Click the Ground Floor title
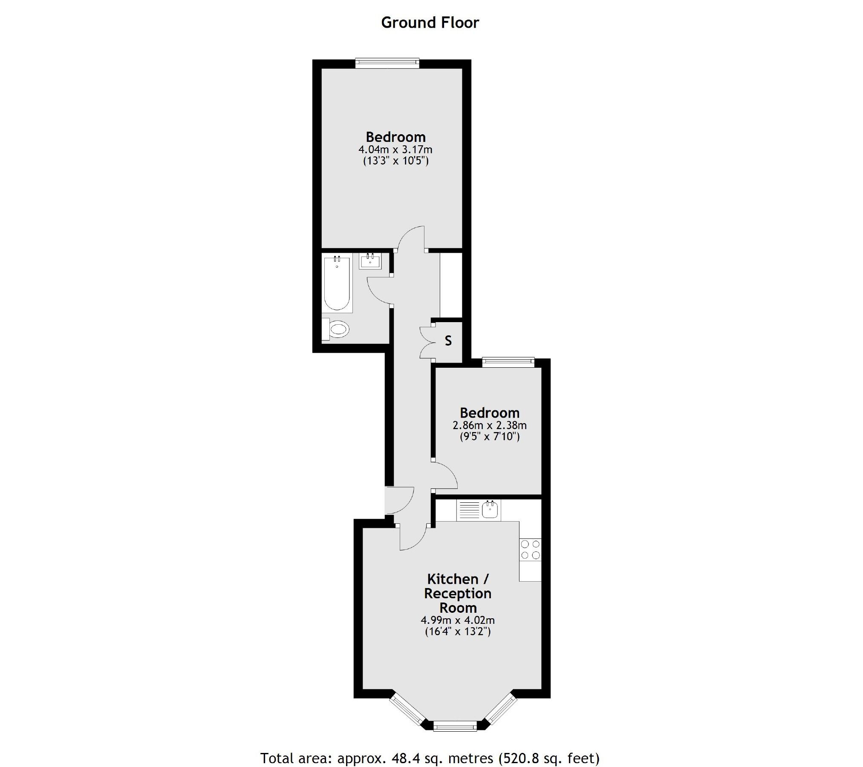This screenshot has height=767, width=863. pyautogui.click(x=430, y=23)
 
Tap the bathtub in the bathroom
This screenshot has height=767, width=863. pyautogui.click(x=337, y=283)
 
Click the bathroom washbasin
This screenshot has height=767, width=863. pyautogui.click(x=370, y=261)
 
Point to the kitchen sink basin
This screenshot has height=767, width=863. pyautogui.click(x=490, y=509)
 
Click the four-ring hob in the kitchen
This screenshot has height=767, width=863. pyautogui.click(x=530, y=549)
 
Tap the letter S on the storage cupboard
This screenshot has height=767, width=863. pyautogui.click(x=448, y=340)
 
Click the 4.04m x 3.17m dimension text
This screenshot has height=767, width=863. pyautogui.click(x=395, y=150)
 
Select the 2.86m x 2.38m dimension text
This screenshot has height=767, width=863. pyautogui.click(x=489, y=425)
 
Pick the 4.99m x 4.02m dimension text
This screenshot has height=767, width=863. pyautogui.click(x=458, y=620)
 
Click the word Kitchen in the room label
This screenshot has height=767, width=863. pyautogui.click(x=453, y=579)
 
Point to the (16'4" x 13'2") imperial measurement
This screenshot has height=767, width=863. pyautogui.click(x=458, y=631)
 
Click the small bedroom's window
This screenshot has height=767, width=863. pyautogui.click(x=508, y=363)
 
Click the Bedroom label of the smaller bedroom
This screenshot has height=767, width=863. pyautogui.click(x=489, y=412)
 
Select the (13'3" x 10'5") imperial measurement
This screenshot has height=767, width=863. pyautogui.click(x=395, y=161)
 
